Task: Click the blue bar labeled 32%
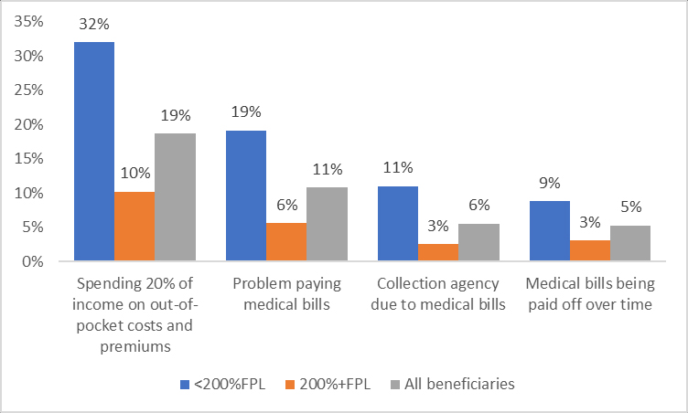pos(94,152)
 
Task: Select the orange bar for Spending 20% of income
pos(134,227)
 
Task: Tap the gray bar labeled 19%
pos(175,197)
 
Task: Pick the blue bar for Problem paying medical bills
pos(246,196)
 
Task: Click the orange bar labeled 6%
pos(286,242)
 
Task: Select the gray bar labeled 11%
pos(327,225)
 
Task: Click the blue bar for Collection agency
pos(398,224)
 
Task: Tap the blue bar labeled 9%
pos(550,231)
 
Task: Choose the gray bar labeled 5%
pos(630,244)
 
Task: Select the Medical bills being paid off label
pos(590,294)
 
